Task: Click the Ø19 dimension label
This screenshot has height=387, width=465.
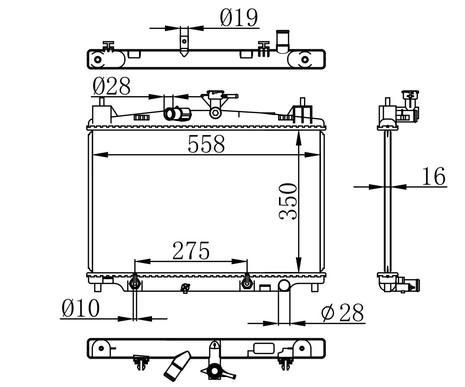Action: pyautogui.click(x=239, y=18)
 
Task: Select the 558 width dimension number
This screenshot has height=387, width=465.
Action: pyautogui.click(x=206, y=144)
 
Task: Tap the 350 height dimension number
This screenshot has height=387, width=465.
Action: pyautogui.click(x=288, y=202)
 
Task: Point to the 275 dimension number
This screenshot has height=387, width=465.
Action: pyautogui.click(x=191, y=251)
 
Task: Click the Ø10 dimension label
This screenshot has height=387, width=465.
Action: pyautogui.click(x=80, y=308)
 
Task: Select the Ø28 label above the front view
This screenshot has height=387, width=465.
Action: pyautogui.click(x=111, y=86)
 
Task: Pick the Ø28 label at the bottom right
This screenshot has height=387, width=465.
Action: pyautogui.click(x=342, y=312)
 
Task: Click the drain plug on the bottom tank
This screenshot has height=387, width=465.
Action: pyautogui.click(x=185, y=287)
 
